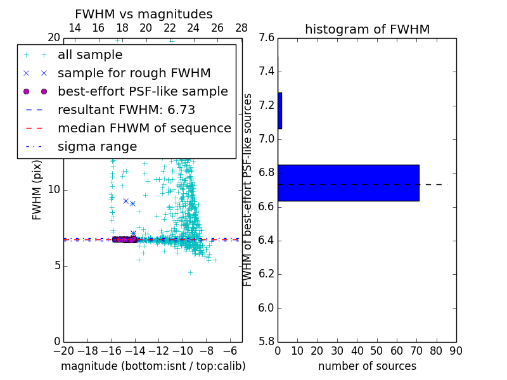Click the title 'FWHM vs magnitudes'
[x=144, y=15]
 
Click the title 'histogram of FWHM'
[x=367, y=29]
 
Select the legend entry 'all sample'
[x=90, y=55]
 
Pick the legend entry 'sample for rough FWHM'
[x=134, y=73]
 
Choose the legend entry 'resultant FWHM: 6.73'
[x=126, y=110]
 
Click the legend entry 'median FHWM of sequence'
[x=144, y=129]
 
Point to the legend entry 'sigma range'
[x=97, y=147]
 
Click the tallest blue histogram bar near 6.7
[x=348, y=183]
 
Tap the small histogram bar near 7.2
[x=279, y=111]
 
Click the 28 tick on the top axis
[x=241, y=28]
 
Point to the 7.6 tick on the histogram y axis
[x=266, y=38]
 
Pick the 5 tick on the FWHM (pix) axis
[x=56, y=265]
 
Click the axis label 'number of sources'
[x=367, y=366]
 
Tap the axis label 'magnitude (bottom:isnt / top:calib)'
[x=153, y=366]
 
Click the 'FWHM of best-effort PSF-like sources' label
[x=248, y=189]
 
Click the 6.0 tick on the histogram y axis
[x=266, y=308]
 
